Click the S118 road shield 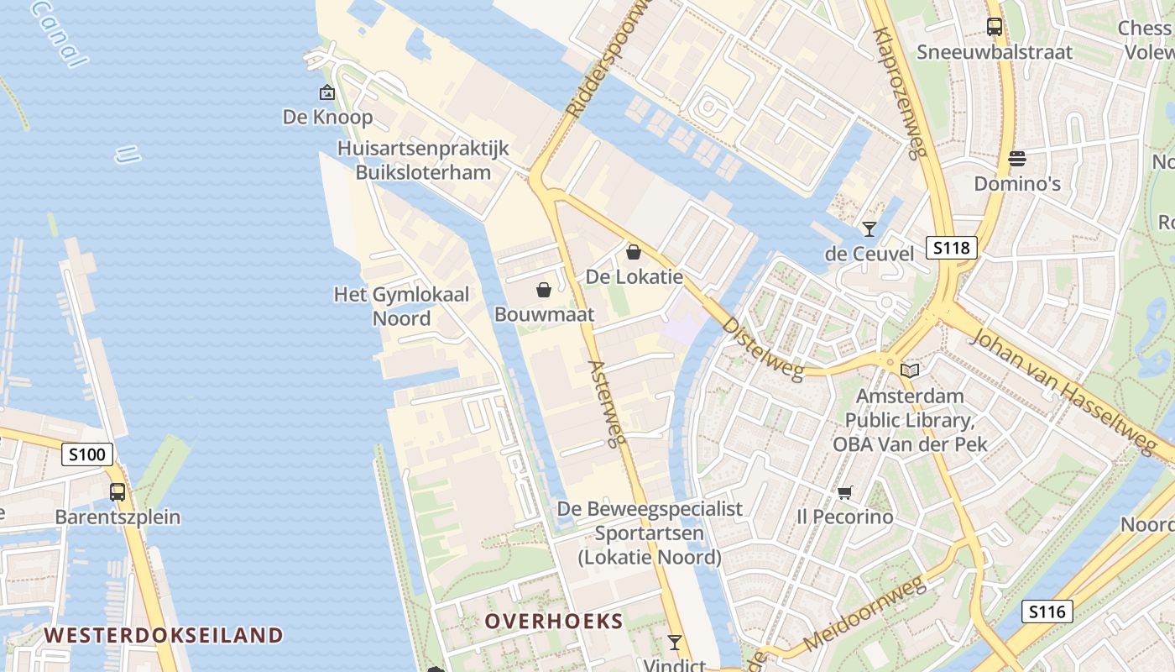pyautogui.click(x=953, y=248)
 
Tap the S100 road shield pyautogui.click(x=87, y=455)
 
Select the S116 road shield pyautogui.click(x=1047, y=612)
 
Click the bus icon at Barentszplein pyautogui.click(x=117, y=492)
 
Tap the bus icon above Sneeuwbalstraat pyautogui.click(x=995, y=27)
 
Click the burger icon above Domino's pyautogui.click(x=1017, y=159)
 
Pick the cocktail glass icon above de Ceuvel pyautogui.click(x=869, y=228)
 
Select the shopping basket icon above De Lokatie pyautogui.click(x=634, y=252)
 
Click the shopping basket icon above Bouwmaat pyautogui.click(x=544, y=291)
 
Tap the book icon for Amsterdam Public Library pyautogui.click(x=910, y=370)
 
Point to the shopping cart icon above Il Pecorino pyautogui.click(x=844, y=492)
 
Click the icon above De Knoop pyautogui.click(x=326, y=92)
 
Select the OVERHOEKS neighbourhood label pyautogui.click(x=554, y=622)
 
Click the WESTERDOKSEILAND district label pyautogui.click(x=164, y=635)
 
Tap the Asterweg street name pyautogui.click(x=608, y=403)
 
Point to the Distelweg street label pyautogui.click(x=762, y=348)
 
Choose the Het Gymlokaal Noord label pyautogui.click(x=402, y=307)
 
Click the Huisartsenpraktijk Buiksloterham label pyautogui.click(x=423, y=160)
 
